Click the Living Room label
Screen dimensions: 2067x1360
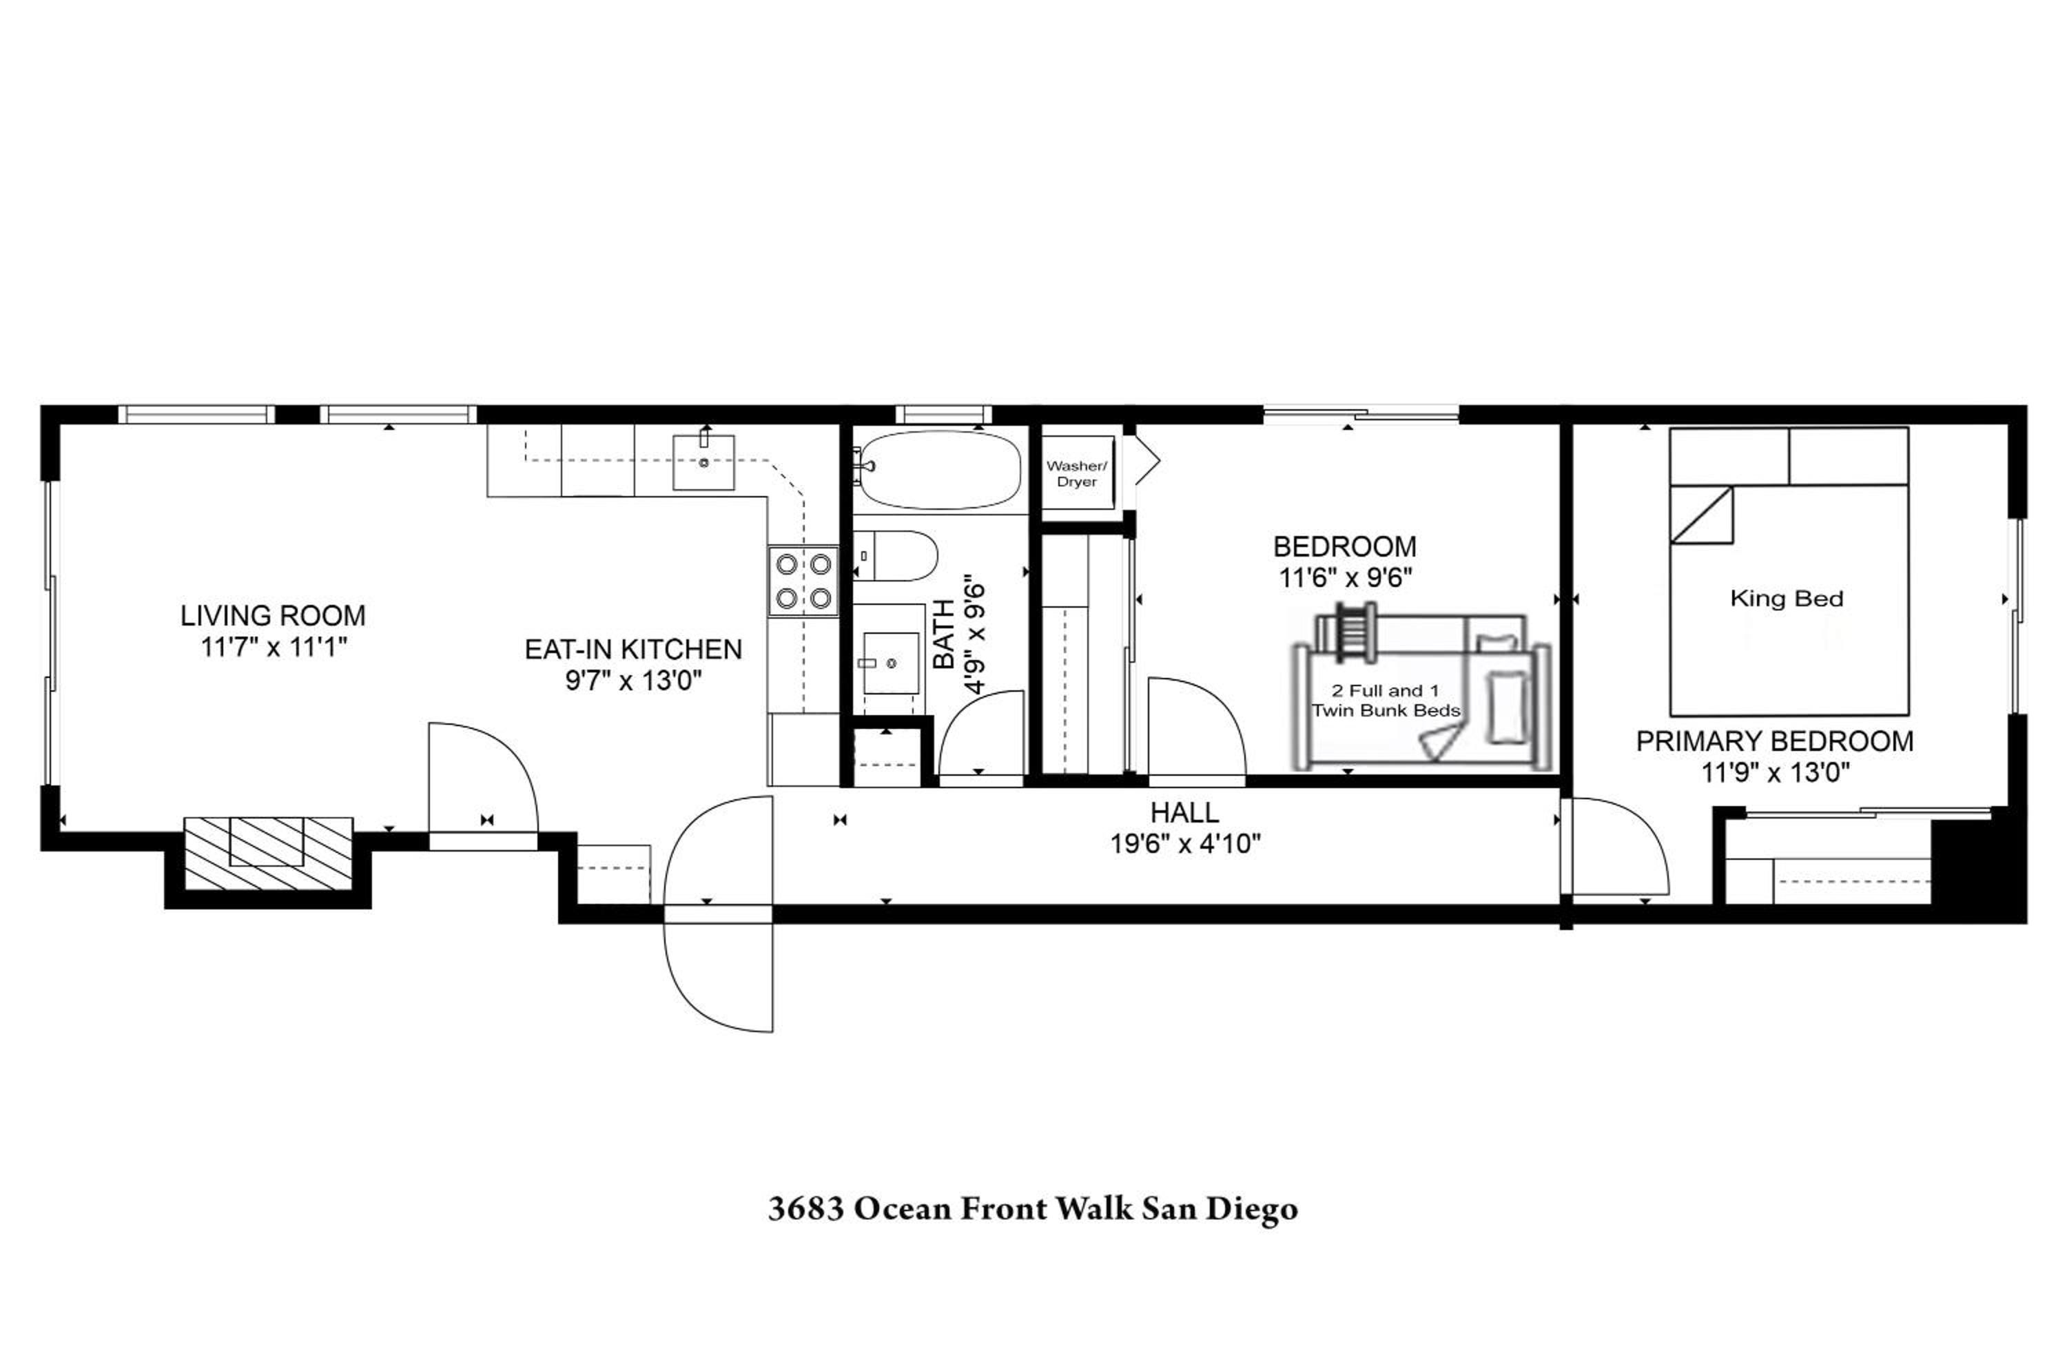tap(273, 616)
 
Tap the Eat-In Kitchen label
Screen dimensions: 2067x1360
tap(633, 650)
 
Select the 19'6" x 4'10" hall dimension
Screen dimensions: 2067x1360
tap(1186, 843)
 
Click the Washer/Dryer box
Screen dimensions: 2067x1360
tap(1077, 473)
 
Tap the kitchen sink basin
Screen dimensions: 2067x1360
tap(703, 463)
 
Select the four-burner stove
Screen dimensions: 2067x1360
tap(803, 581)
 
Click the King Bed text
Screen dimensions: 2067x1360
tap(1787, 599)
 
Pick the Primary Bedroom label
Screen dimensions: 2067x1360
tap(1774, 741)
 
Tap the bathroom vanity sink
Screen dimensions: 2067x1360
tap(890, 663)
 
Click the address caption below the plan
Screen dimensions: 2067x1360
tap(1033, 1208)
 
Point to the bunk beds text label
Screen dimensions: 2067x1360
tap(1386, 701)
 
